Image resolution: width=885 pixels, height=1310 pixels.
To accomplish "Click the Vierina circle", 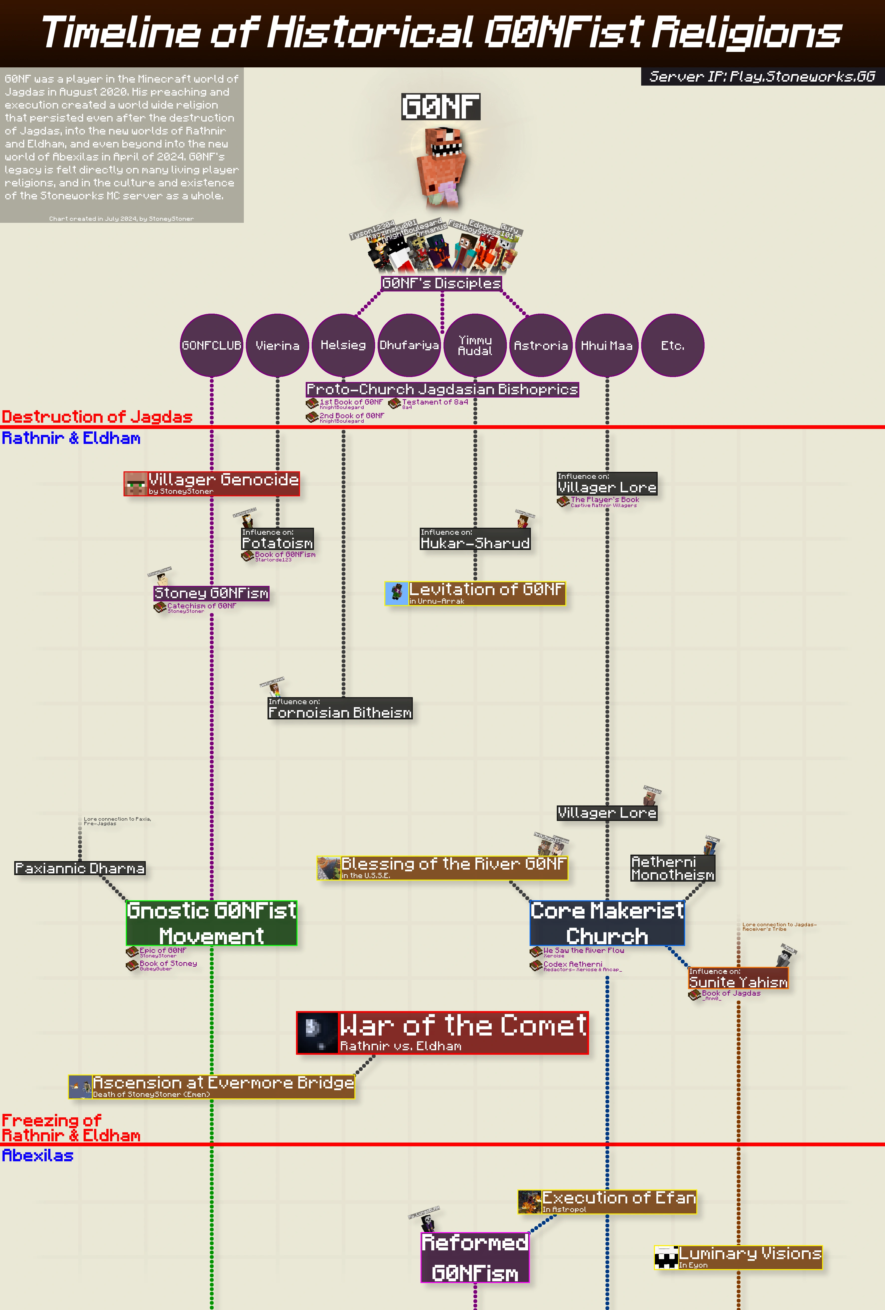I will (277, 345).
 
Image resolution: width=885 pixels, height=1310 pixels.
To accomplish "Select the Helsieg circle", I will (343, 345).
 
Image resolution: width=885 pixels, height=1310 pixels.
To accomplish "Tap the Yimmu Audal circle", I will (475, 345).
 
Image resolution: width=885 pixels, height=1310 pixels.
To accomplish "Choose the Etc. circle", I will (673, 345).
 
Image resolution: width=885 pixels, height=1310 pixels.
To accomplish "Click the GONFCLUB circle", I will (211, 345).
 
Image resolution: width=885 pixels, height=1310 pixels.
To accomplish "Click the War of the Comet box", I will (442, 1033).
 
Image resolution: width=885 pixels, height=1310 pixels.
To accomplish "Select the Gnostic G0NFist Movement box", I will (211, 923).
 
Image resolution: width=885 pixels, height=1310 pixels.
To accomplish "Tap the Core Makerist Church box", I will (607, 923).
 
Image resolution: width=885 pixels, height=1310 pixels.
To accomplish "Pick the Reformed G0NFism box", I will (475, 1257).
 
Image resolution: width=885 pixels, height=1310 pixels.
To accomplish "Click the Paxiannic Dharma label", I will (80, 868).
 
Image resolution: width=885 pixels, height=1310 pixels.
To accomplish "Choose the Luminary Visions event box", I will (738, 1257).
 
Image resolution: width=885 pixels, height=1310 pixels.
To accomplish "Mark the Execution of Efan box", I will (607, 1201).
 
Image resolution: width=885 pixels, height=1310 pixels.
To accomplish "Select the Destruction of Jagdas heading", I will (97, 416).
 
